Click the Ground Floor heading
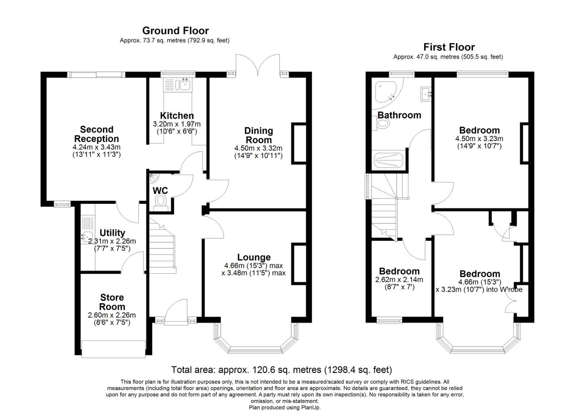click(175, 31)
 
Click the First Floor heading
click(449, 47)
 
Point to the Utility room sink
click(87, 237)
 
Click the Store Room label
click(112, 302)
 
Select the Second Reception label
click(97, 134)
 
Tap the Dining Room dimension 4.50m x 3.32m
click(258, 148)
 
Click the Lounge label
click(254, 257)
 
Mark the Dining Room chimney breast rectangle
click(299, 143)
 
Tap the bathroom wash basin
click(426, 93)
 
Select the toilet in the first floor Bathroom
click(382, 124)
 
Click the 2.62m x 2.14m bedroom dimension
click(399, 280)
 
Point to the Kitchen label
click(177, 115)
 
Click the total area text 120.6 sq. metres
click(281, 370)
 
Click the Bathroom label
click(399, 115)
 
